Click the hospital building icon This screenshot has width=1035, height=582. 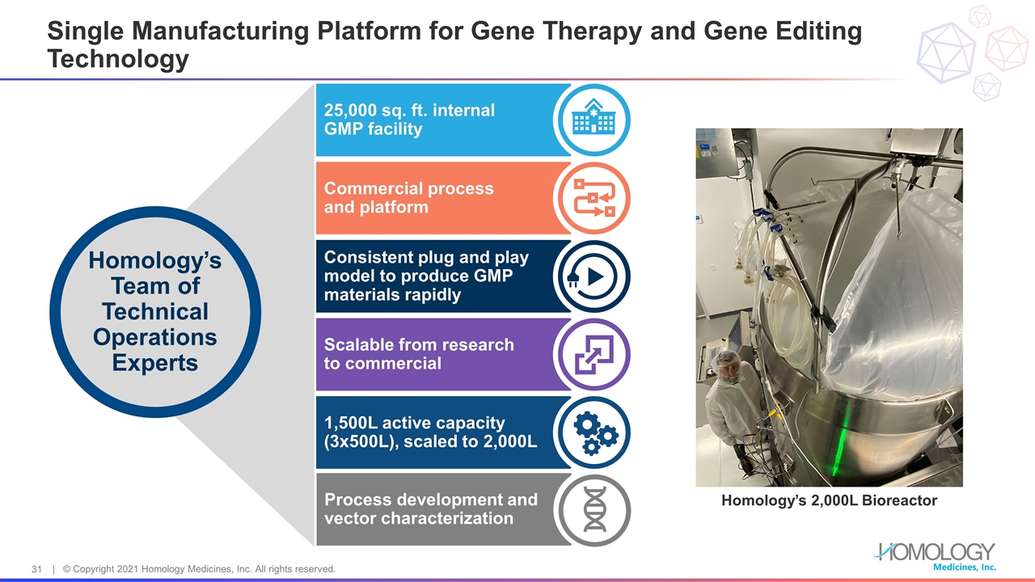[594, 120]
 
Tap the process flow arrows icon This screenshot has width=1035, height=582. [594, 198]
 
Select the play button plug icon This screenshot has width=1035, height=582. [594, 276]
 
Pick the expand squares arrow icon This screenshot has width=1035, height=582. [594, 355]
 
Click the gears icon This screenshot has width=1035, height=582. [594, 433]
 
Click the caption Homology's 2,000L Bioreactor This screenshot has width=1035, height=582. [829, 500]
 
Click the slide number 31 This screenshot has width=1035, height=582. [36, 569]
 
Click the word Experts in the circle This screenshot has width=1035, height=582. [154, 363]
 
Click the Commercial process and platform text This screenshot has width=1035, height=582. [408, 198]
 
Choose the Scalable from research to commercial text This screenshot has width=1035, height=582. [419, 354]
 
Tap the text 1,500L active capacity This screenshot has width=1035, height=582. [414, 423]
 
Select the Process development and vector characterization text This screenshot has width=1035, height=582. [430, 508]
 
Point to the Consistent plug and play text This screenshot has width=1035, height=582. [426, 258]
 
